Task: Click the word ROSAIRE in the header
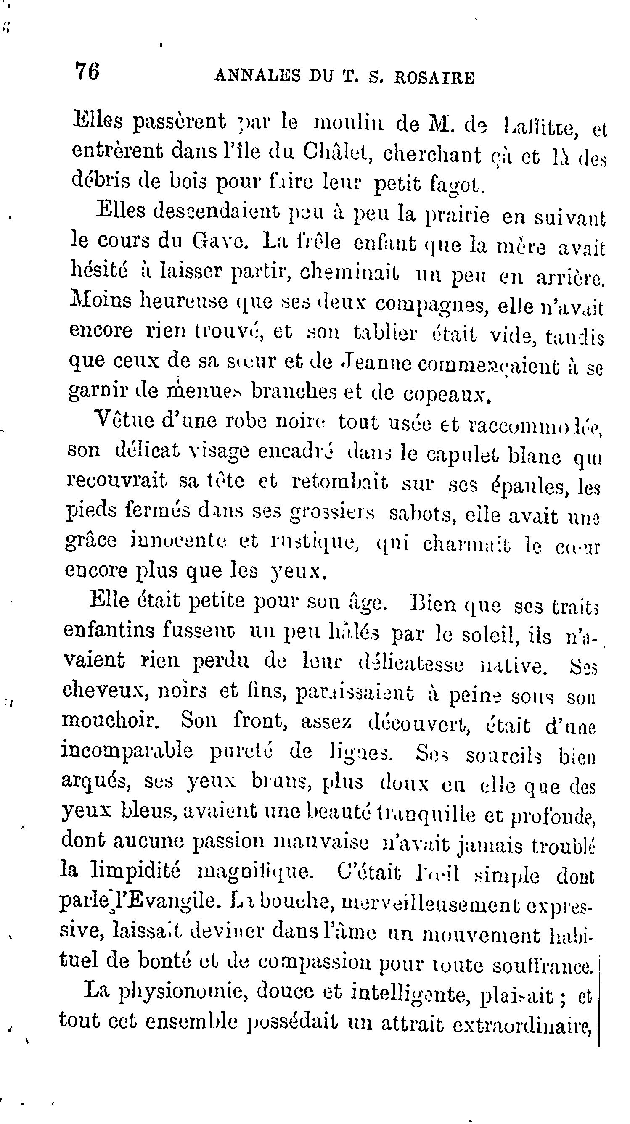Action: tap(434, 77)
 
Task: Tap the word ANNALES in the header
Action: tap(257, 77)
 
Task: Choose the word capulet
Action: tap(463, 454)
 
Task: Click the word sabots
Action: tap(422, 515)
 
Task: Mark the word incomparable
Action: tap(127, 752)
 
